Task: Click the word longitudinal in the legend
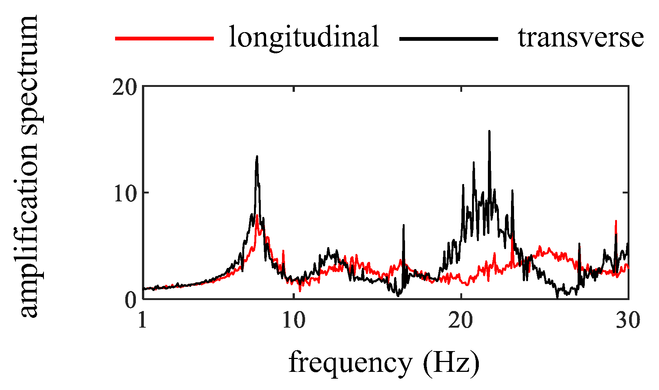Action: (304, 37)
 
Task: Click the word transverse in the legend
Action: (581, 38)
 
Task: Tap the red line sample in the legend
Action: (164, 38)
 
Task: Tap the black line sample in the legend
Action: (449, 38)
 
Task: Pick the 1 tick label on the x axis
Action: (142, 321)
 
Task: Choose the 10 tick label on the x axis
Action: (294, 321)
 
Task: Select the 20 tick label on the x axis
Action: (461, 321)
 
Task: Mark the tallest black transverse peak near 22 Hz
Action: (489, 132)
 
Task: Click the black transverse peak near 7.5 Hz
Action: (257, 156)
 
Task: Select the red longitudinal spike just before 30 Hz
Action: (616, 221)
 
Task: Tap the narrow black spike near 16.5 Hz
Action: (404, 225)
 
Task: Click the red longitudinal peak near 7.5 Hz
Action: (257, 215)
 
